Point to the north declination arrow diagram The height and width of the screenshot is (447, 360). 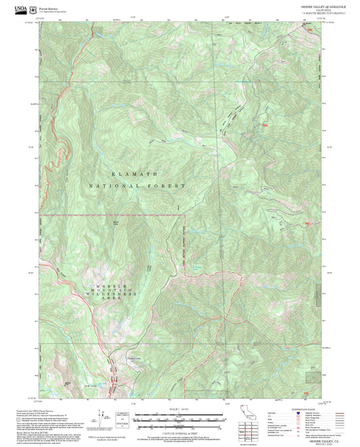coord(103,417)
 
